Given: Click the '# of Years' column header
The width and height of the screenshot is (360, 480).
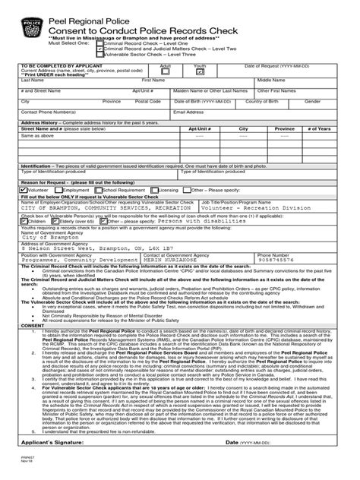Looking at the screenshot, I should pos(318,130).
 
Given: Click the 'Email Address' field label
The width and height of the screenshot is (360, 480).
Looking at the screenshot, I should pos(188,112).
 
